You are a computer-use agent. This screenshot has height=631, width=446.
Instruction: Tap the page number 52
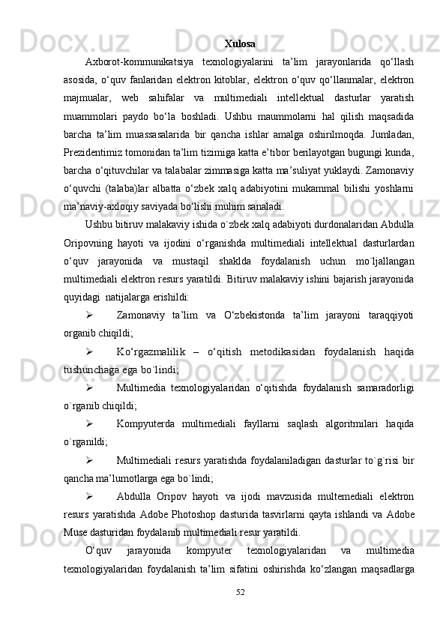click(x=239, y=615)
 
